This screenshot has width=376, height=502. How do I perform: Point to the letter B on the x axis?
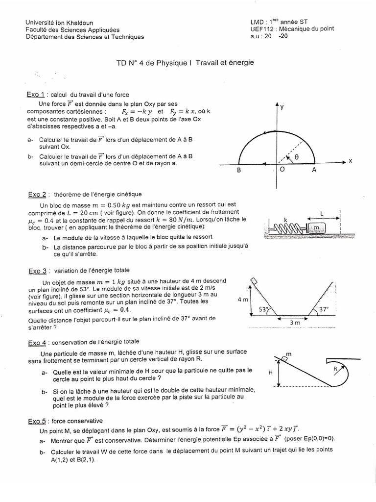tap(239, 171)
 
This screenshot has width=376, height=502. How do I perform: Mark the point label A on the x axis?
tap(314, 170)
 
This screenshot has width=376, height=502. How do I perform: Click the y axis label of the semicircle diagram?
tap(282, 106)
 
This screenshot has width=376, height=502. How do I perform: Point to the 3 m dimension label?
tap(294, 323)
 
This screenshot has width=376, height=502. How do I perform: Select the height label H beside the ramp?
tap(270, 373)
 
